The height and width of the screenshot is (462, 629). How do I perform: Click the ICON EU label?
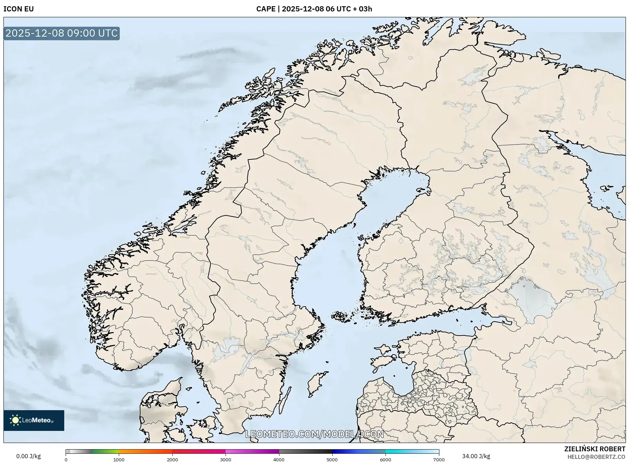(x=19, y=9)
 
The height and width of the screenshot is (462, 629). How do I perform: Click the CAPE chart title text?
(x=314, y=9)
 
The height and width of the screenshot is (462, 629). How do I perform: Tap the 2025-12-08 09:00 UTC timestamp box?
(x=61, y=33)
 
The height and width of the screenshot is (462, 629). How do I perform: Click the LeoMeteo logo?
(x=34, y=420)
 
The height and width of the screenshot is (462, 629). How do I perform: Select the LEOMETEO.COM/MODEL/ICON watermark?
(x=314, y=434)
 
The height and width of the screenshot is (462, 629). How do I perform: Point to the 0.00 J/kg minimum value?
(x=28, y=456)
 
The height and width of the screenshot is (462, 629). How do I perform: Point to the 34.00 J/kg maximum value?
(x=476, y=456)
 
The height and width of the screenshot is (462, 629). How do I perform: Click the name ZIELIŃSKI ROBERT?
(x=594, y=449)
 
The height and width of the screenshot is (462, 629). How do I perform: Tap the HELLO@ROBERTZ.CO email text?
(x=596, y=457)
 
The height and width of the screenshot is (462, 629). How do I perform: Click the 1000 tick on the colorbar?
(x=119, y=459)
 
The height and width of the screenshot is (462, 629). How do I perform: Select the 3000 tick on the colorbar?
(x=226, y=459)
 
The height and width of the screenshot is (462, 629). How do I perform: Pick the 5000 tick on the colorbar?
(x=332, y=459)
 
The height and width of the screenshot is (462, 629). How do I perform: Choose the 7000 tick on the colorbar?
(x=439, y=459)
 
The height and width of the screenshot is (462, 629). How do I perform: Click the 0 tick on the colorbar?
(x=66, y=459)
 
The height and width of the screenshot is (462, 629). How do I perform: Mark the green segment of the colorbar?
(x=105, y=451)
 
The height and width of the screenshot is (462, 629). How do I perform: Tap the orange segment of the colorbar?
(x=145, y=451)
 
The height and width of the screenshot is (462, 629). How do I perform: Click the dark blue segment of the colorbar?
(x=345, y=451)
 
